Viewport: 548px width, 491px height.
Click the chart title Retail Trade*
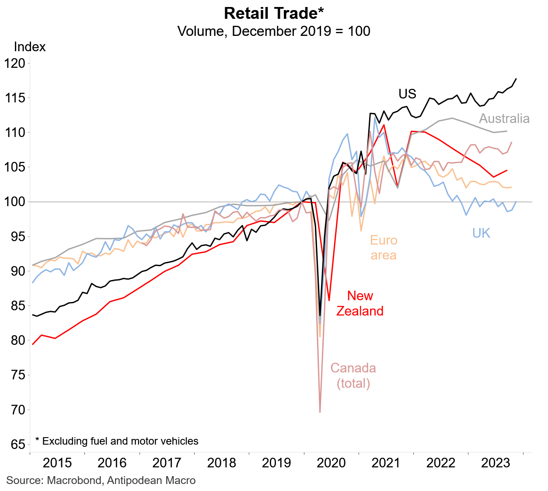pyautogui.click(x=274, y=14)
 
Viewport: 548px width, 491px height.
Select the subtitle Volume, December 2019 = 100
pyautogui.click(x=274, y=32)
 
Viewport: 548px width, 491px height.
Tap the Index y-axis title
pyautogui.click(x=30, y=47)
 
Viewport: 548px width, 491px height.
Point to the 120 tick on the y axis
pyautogui.click(x=15, y=63)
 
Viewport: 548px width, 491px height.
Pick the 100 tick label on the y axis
pyautogui.click(x=15, y=202)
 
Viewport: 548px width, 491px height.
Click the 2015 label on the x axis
pyautogui.click(x=57, y=463)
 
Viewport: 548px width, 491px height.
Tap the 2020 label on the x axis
pyautogui.click(x=331, y=463)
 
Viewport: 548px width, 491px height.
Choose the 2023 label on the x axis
pyautogui.click(x=496, y=463)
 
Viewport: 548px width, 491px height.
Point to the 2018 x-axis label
pyautogui.click(x=222, y=463)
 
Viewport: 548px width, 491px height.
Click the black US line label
pyautogui.click(x=407, y=94)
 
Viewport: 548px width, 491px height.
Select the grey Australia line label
pyautogui.click(x=504, y=119)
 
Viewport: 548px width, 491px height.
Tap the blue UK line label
pyautogui.click(x=481, y=233)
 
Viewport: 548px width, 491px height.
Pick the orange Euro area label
pyautogui.click(x=384, y=248)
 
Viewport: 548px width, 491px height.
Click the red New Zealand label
pyautogui.click(x=360, y=303)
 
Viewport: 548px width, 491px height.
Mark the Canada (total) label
pyautogui.click(x=353, y=375)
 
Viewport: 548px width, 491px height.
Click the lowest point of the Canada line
pyautogui.click(x=320, y=412)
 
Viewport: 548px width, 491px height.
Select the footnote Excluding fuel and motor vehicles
pyautogui.click(x=117, y=441)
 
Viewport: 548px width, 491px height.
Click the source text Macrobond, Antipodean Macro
pyautogui.click(x=101, y=480)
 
